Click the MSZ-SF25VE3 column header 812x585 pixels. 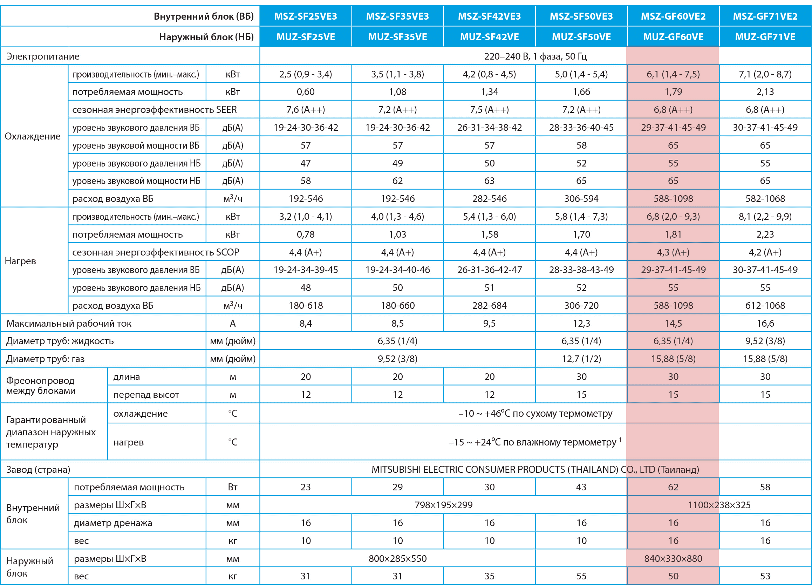[x=306, y=16]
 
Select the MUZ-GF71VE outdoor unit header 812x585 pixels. [x=765, y=37]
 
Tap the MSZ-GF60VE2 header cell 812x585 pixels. [x=673, y=16]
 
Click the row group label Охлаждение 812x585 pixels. [x=33, y=136]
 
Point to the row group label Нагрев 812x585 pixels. [x=20, y=261]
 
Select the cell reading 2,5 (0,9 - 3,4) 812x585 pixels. [x=306, y=74]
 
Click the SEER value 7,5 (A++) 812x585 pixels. [x=490, y=110]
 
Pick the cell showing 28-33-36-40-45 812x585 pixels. [x=581, y=128]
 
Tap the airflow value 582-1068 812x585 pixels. [x=765, y=199]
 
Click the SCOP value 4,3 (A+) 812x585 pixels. [x=673, y=252]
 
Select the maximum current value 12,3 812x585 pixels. [x=581, y=324]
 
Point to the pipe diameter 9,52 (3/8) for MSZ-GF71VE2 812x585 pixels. [x=765, y=341]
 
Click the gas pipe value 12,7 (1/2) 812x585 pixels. [x=581, y=359]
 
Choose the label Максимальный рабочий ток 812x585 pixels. [x=69, y=324]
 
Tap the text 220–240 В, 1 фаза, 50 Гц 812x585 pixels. [x=535, y=56]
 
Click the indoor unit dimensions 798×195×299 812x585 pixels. [x=444, y=505]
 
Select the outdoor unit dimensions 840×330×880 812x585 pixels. [x=673, y=558]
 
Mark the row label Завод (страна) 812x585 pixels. [x=38, y=469]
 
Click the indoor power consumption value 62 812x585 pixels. [x=673, y=487]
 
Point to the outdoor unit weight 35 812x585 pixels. [x=490, y=576]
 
